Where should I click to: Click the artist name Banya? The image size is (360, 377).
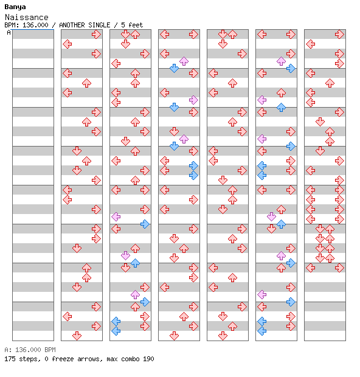tap(15, 7)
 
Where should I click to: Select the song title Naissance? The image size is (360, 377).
tap(27, 17)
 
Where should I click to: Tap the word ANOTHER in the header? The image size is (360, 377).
tap(72, 25)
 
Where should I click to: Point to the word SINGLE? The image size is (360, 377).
tap(99, 25)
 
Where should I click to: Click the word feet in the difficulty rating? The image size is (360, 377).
tap(136, 25)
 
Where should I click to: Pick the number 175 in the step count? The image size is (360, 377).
tap(10, 359)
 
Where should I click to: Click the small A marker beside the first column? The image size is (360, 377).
tap(9, 32)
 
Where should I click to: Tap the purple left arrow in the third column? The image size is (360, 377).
tap(116, 217)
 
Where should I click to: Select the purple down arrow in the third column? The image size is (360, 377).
tap(125, 255)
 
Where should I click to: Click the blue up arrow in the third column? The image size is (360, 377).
tap(135, 263)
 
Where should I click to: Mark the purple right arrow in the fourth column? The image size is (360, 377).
tap(193, 100)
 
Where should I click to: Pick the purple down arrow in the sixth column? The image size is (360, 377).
tap(271, 217)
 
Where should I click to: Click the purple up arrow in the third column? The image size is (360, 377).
tap(135, 294)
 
